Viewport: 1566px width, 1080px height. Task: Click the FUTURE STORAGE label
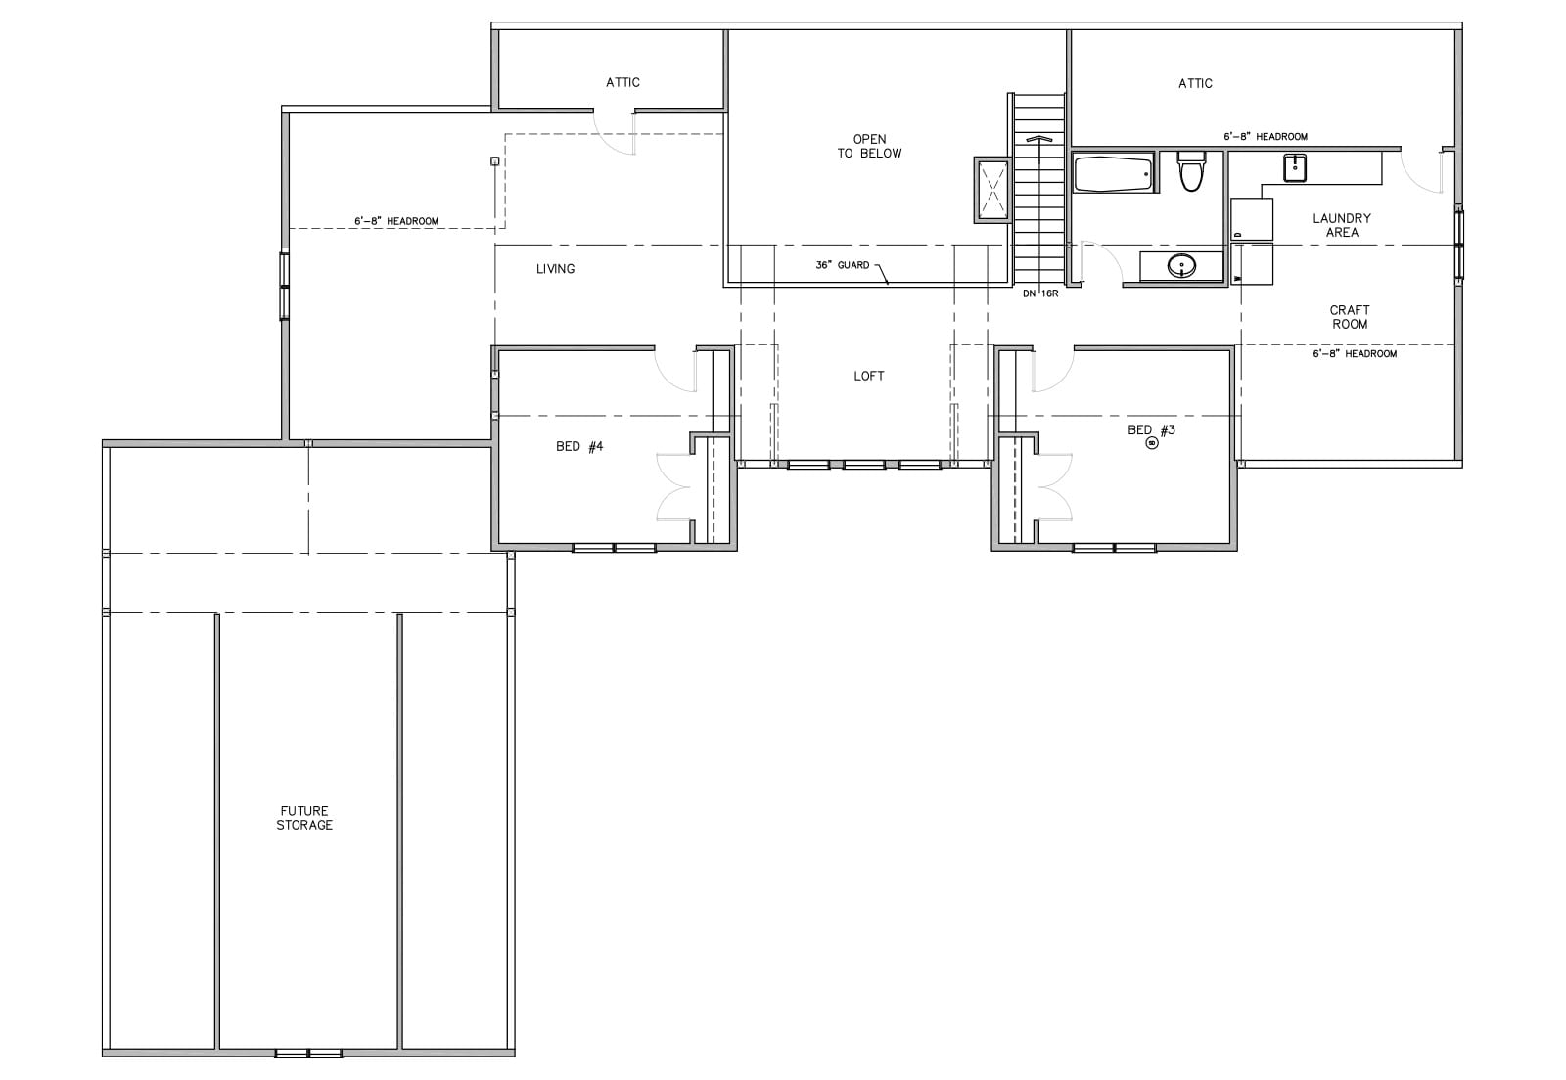pyautogui.click(x=304, y=817)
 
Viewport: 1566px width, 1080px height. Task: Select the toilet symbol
pyautogui.click(x=1190, y=170)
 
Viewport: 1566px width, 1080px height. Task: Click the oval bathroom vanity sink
pyautogui.click(x=1181, y=265)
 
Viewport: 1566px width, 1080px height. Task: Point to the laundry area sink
pyautogui.click(x=1295, y=167)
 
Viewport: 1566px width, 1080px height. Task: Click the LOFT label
pyautogui.click(x=869, y=376)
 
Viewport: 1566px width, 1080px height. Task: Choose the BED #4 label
pyautogui.click(x=579, y=446)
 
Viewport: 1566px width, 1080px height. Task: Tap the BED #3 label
pyautogui.click(x=1151, y=429)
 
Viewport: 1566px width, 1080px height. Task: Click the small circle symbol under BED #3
pyautogui.click(x=1151, y=443)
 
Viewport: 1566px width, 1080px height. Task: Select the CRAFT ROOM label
pyautogui.click(x=1350, y=316)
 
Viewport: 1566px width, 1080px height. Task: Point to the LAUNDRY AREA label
pyautogui.click(x=1342, y=225)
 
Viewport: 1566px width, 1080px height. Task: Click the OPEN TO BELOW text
pyautogui.click(x=870, y=146)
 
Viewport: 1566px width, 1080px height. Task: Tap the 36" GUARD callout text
pyautogui.click(x=843, y=265)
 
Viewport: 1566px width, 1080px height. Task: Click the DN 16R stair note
pyautogui.click(x=1040, y=293)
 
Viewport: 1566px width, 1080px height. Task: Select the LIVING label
pyautogui.click(x=555, y=269)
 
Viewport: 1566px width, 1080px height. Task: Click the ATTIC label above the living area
pyautogui.click(x=622, y=82)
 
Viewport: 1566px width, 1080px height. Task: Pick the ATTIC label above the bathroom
pyautogui.click(x=1195, y=84)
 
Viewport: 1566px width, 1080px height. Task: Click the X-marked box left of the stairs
pyautogui.click(x=992, y=190)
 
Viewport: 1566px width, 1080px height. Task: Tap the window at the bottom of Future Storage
pyautogui.click(x=308, y=1053)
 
